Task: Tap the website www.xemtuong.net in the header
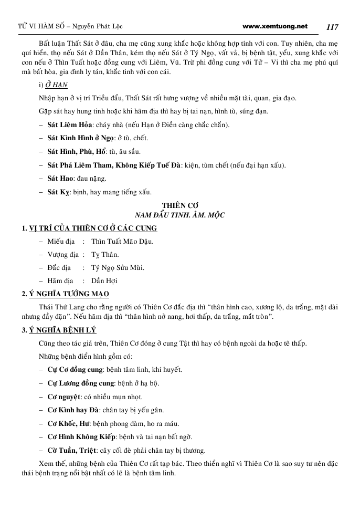[276, 26]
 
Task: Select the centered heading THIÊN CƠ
[179, 205]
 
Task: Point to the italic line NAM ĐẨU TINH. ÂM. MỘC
[179, 215]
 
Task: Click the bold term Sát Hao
[60, 178]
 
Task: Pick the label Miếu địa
[61, 242]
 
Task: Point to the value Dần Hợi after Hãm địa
[104, 281]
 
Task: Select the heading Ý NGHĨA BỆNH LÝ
[62, 330]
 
